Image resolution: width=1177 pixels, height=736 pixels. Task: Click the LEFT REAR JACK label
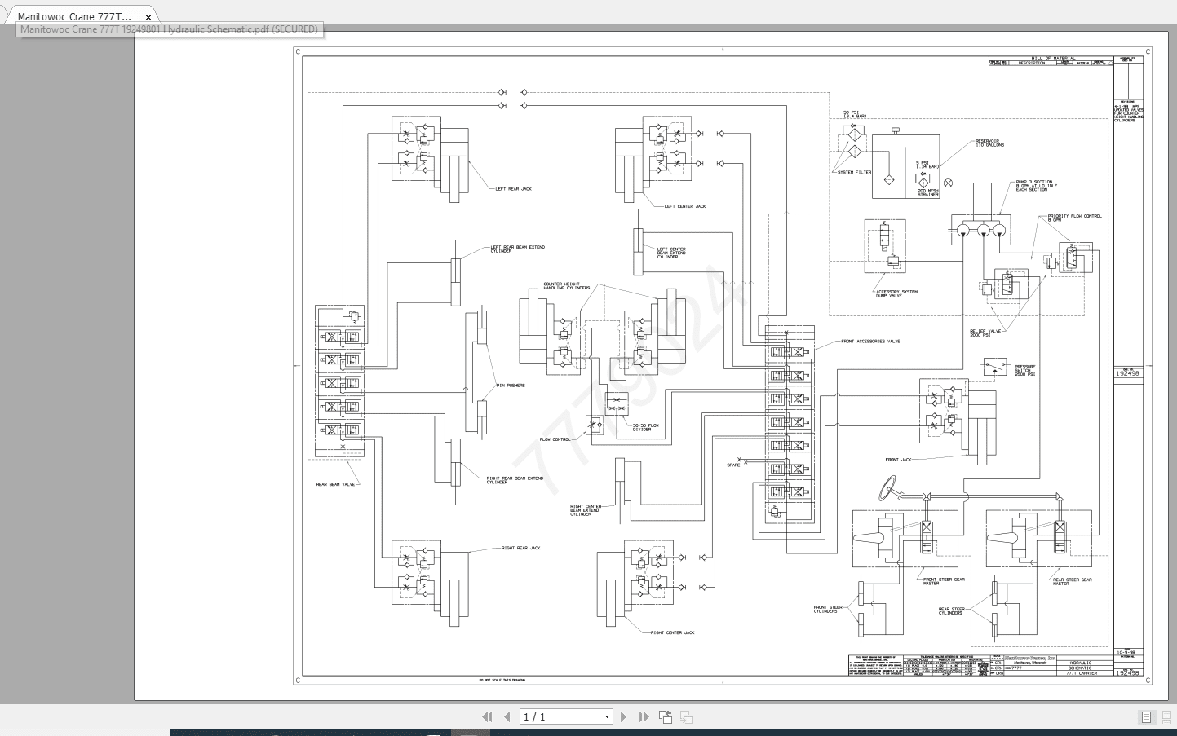pos(513,189)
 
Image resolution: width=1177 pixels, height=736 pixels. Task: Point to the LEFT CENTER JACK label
pos(684,207)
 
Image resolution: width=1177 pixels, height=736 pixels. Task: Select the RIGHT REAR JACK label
pos(520,549)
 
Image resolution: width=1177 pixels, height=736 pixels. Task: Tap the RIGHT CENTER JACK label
pos(672,633)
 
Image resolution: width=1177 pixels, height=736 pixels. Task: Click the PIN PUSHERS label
pos(511,386)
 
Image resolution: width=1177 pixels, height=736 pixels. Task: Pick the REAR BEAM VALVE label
pos(336,485)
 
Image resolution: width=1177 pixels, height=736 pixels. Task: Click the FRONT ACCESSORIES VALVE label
pos(870,342)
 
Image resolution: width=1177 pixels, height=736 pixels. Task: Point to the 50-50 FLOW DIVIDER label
pos(645,427)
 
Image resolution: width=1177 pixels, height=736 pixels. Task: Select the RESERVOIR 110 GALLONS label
pos(989,143)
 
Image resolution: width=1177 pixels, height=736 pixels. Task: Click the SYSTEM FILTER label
pos(854,173)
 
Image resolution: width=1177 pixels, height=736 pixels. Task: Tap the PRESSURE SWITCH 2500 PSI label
pos(1024,371)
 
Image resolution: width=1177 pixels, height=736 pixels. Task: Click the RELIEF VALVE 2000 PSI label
pos(985,333)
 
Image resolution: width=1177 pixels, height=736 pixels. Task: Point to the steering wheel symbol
pos(887,488)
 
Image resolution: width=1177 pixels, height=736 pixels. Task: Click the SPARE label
pos(733,465)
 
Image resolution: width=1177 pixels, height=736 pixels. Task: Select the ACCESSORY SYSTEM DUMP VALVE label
pos(896,293)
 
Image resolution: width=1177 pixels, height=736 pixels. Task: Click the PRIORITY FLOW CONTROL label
pos(1074,217)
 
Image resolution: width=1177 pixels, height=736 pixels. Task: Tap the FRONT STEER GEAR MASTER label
pos(943,581)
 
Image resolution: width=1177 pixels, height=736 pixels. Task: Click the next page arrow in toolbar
pos(623,717)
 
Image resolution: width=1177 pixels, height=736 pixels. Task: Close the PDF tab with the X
pos(148,16)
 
